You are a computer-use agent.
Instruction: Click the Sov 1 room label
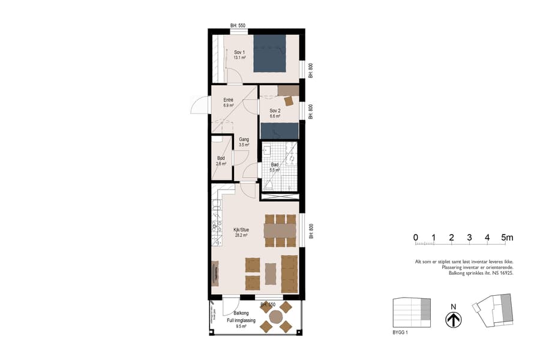click(239, 52)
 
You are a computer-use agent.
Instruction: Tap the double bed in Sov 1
click(270, 54)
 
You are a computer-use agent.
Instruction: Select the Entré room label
click(228, 100)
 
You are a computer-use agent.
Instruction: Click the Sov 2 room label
click(275, 111)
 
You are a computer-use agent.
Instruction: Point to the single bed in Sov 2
click(279, 130)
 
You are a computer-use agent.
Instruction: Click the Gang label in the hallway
click(244, 139)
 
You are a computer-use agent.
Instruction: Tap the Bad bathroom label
click(275, 164)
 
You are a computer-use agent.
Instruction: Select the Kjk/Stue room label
click(241, 229)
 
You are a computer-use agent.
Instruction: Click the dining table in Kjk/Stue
click(280, 230)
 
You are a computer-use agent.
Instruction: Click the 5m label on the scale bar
click(507, 237)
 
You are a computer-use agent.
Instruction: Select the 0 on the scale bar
click(416, 237)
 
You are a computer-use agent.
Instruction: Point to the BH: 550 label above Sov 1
click(238, 26)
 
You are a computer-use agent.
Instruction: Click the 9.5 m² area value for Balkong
click(241, 328)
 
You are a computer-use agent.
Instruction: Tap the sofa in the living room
click(289, 274)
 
